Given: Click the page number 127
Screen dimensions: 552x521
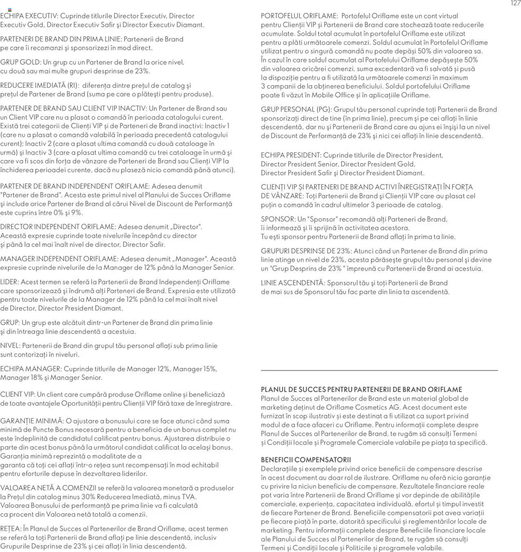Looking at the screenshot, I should tap(515, 3).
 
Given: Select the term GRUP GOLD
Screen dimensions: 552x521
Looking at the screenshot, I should tap(20, 63).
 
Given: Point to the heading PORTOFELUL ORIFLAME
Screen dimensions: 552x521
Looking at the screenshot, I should tap(299, 16).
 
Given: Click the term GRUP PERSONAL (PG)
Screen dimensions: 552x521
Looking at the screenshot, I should tap(296, 110).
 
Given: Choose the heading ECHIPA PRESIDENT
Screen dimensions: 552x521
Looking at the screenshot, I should tap(291, 155).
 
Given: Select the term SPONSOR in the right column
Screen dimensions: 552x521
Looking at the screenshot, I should tap(278, 219).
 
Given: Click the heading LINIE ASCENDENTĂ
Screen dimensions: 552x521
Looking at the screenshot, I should tap(292, 283).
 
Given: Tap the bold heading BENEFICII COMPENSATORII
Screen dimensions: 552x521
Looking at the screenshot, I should tap(306, 460).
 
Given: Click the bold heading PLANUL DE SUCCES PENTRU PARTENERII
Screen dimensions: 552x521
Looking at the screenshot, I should tap(361, 389).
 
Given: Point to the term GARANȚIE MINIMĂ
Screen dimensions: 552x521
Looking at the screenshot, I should tap(31, 421).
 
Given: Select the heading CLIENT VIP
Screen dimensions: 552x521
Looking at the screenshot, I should tap(17, 395).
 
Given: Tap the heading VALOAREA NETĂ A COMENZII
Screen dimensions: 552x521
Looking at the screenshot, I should tap(48, 488).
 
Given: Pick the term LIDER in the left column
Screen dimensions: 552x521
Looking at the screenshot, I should tap(9, 282).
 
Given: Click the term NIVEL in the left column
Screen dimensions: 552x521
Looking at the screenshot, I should tap(10, 346).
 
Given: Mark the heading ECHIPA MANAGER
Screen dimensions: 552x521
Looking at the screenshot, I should tap(30, 369).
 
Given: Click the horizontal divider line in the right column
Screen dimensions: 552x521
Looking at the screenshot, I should tap(379, 370).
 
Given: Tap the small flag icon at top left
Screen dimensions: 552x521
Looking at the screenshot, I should tap(10, 10).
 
